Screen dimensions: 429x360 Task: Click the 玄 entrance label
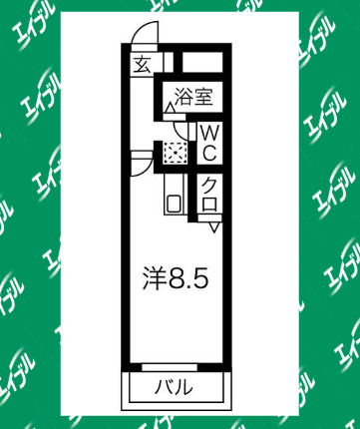[x=142, y=66]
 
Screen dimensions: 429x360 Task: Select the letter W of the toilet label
[x=211, y=132]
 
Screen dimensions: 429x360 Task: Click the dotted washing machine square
[x=176, y=153]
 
